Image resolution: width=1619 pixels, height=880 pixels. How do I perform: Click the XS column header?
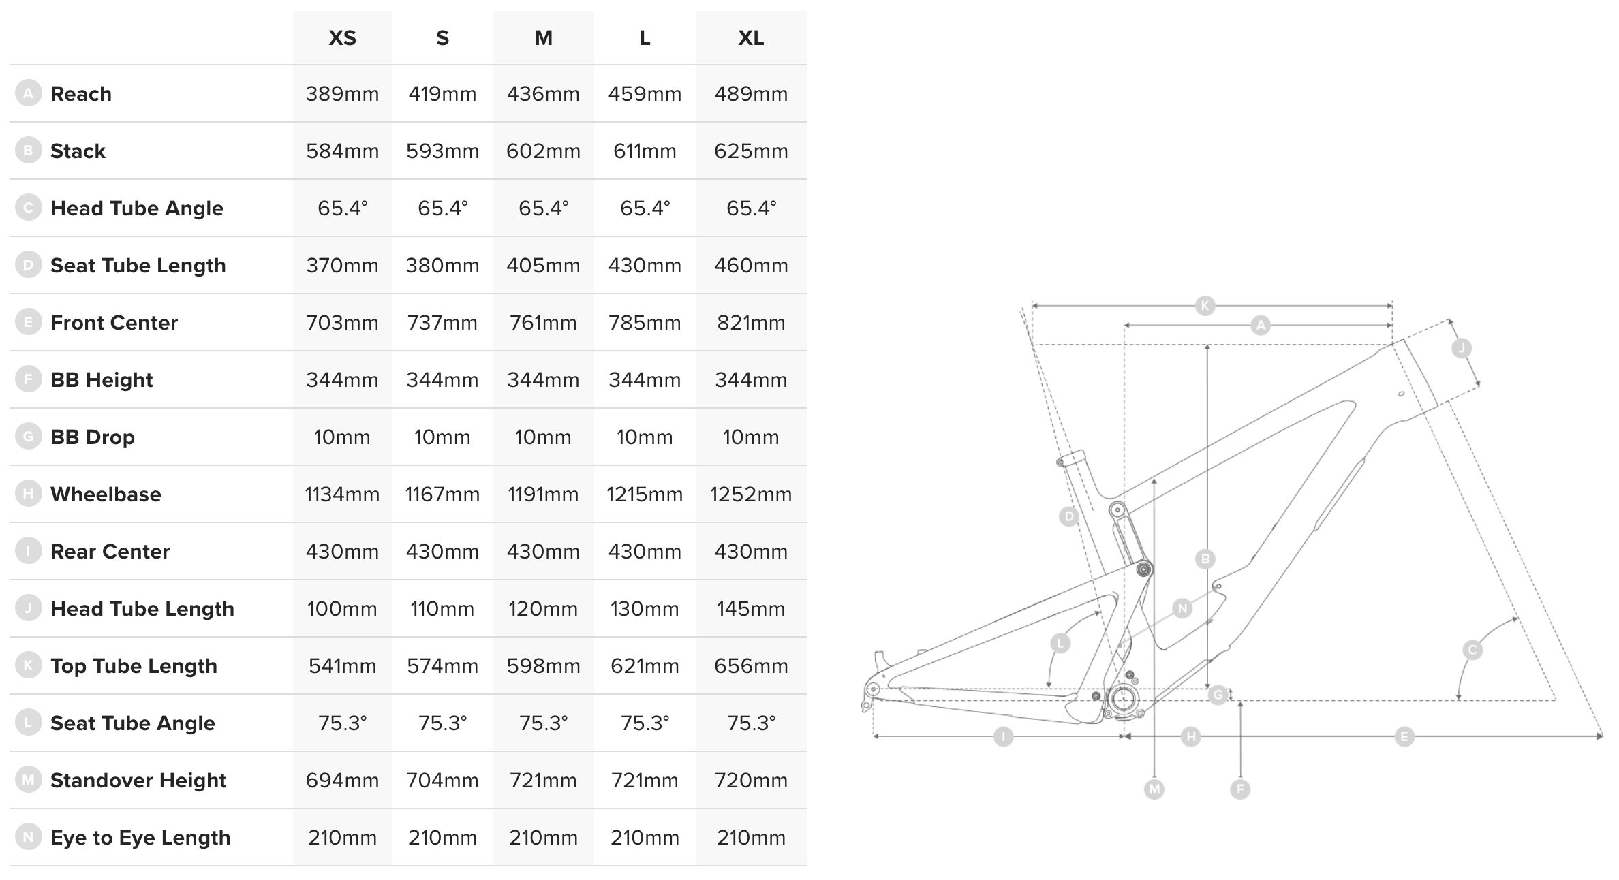(x=342, y=38)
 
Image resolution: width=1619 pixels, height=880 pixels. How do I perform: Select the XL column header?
(x=751, y=38)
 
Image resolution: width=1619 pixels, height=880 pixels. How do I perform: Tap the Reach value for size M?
(x=543, y=94)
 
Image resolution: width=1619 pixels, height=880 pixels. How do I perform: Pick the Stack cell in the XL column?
(x=751, y=151)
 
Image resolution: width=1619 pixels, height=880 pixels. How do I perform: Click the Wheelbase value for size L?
(x=645, y=494)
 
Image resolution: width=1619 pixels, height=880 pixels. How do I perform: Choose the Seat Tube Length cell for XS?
(x=342, y=266)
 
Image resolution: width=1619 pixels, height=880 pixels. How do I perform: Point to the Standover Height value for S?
(x=442, y=781)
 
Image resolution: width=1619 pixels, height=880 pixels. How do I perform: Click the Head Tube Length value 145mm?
(x=751, y=609)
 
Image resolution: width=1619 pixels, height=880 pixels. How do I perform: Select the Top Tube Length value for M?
(x=543, y=666)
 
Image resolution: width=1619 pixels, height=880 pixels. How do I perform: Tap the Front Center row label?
(x=114, y=323)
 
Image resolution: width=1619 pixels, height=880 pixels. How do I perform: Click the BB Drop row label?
(x=93, y=437)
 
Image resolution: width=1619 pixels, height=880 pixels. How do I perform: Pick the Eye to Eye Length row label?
(x=140, y=838)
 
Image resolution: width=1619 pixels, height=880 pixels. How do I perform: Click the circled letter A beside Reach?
(x=28, y=93)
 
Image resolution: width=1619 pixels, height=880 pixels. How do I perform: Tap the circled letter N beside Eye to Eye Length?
(x=28, y=837)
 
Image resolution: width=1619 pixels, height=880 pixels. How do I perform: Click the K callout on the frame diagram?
(x=1205, y=305)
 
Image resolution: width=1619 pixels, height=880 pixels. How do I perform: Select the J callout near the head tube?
(x=1462, y=349)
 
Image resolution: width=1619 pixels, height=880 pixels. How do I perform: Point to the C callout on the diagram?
(x=1472, y=650)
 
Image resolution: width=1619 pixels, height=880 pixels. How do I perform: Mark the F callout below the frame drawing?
(x=1240, y=789)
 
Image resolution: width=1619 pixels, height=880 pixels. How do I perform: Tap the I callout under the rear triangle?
(x=1003, y=736)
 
